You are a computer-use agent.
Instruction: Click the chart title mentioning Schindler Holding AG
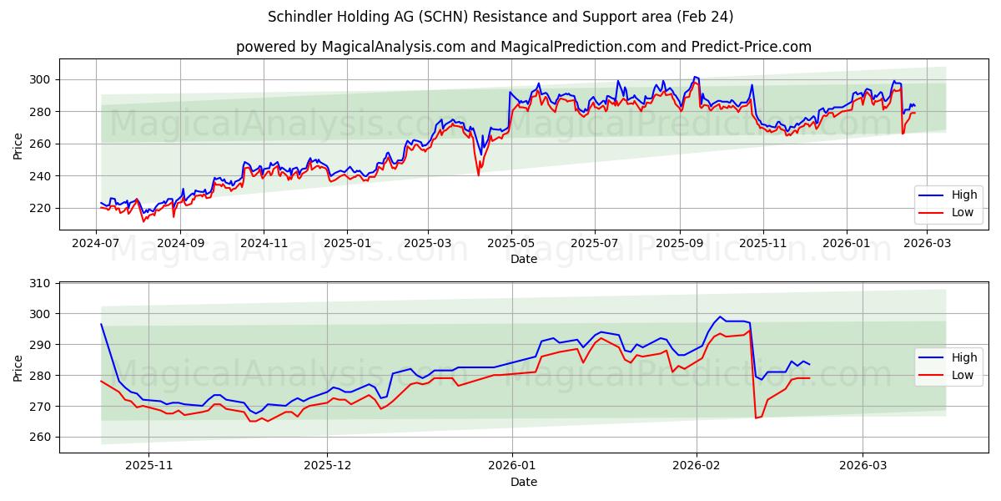(x=500, y=17)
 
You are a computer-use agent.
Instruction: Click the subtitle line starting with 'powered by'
(x=523, y=47)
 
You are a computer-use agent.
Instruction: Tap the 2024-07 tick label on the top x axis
(x=96, y=243)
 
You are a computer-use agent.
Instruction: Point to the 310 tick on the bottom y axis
(x=41, y=283)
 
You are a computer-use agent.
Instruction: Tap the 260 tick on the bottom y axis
(x=41, y=437)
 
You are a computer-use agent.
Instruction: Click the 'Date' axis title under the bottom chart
(x=523, y=482)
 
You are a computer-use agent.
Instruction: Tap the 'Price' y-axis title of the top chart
(x=18, y=144)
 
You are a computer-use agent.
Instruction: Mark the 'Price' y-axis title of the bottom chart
(x=18, y=367)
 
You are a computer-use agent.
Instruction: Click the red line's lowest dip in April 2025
(x=479, y=175)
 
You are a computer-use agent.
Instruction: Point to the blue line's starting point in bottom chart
(x=101, y=324)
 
